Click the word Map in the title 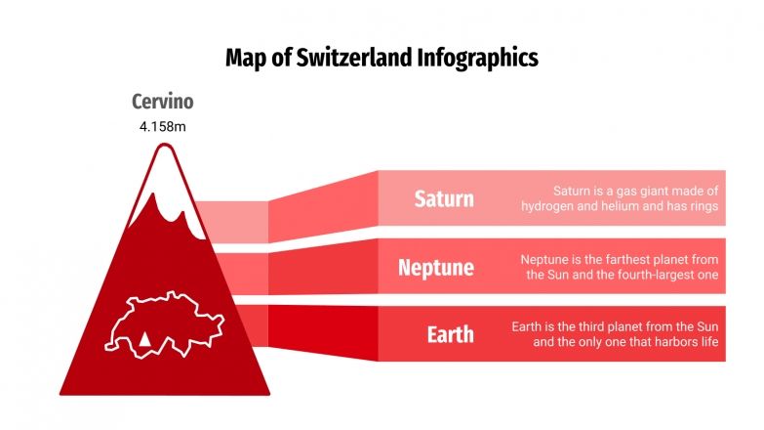(x=244, y=58)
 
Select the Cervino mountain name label (x=163, y=102)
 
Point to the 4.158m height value (x=163, y=126)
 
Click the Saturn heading (x=444, y=198)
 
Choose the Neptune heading (x=436, y=267)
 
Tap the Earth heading (x=450, y=334)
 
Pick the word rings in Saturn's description (x=703, y=206)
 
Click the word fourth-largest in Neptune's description (x=657, y=276)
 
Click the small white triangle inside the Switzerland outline (x=144, y=338)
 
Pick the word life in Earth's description (x=708, y=343)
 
